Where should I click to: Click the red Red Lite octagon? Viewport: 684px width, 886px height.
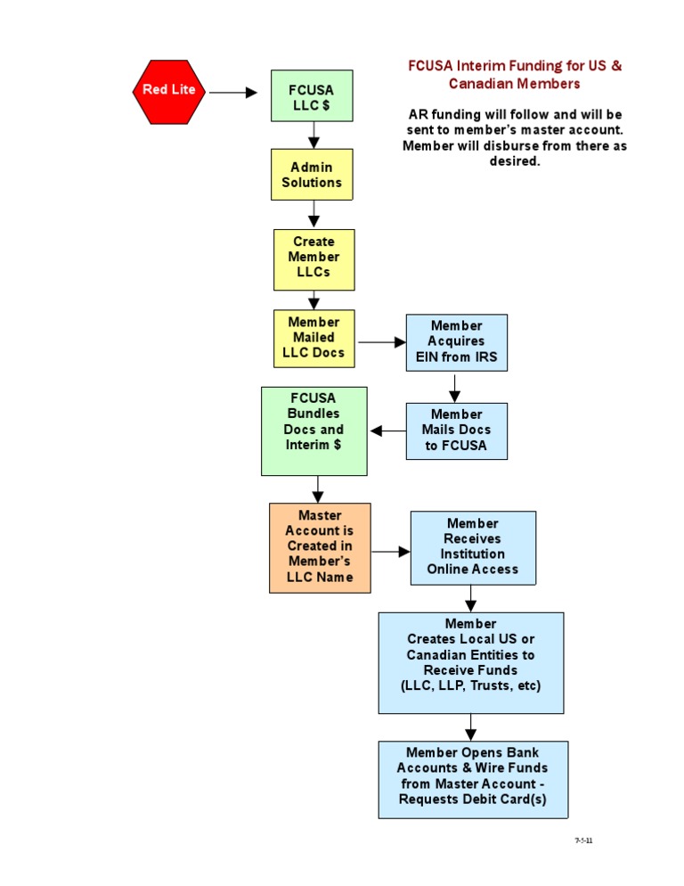tap(169, 90)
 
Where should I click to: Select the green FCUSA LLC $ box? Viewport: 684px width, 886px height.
tap(312, 95)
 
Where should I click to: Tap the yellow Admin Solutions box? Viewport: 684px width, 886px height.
tap(312, 174)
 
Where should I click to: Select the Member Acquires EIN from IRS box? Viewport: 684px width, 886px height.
tap(456, 342)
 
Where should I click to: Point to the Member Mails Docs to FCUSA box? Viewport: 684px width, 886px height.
tap(456, 431)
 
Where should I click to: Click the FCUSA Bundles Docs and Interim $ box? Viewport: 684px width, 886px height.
tap(313, 431)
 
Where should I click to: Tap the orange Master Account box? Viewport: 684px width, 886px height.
tap(320, 547)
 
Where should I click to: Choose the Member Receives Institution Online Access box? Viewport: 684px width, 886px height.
tap(473, 547)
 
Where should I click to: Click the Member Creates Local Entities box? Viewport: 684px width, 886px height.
tap(470, 662)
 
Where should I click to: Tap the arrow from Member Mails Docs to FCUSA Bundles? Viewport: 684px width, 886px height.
tap(387, 431)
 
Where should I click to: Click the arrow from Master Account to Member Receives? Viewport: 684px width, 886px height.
tap(390, 552)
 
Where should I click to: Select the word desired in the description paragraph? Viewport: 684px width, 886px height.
tap(515, 161)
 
